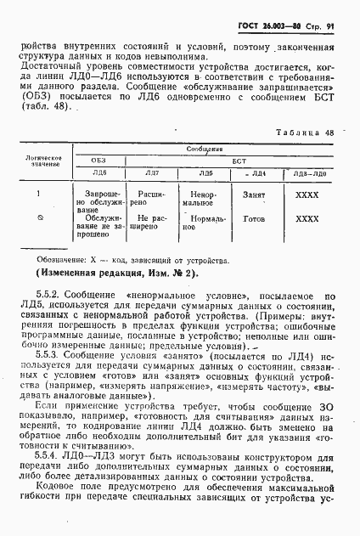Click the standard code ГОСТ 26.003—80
278,12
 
